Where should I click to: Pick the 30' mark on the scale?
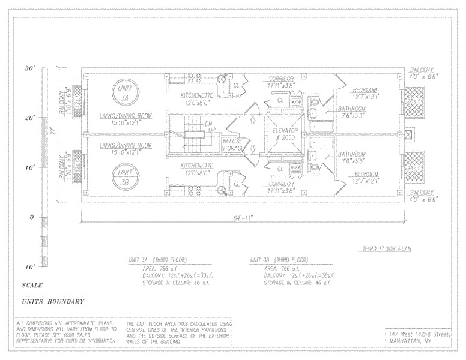[29, 69]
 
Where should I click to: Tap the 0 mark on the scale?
[31, 217]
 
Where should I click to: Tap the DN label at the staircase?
[210, 124]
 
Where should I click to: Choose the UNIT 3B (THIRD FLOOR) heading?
[280, 260]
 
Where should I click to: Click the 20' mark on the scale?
[29, 118]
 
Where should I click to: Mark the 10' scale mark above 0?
[29, 167]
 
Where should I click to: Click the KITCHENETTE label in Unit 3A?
[198, 96]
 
